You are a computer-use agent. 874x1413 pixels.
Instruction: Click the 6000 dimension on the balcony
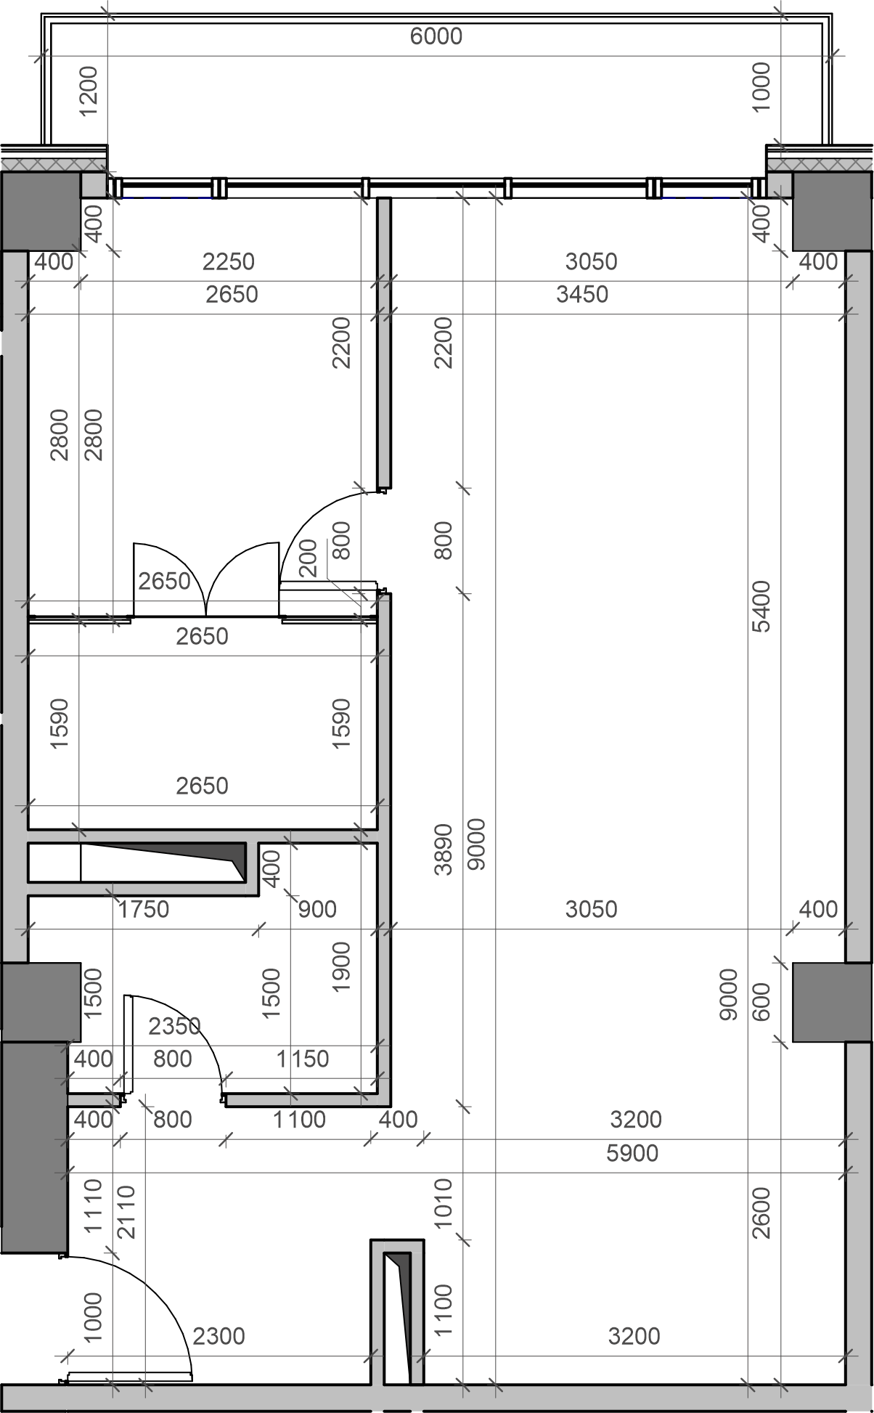(x=436, y=36)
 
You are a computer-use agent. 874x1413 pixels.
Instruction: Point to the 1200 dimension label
(x=88, y=91)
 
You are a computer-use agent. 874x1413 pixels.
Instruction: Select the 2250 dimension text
(x=229, y=261)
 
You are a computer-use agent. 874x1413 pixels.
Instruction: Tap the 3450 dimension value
(x=582, y=294)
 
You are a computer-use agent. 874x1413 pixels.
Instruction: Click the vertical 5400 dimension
(x=761, y=606)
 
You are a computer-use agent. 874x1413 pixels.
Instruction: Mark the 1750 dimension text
(x=144, y=909)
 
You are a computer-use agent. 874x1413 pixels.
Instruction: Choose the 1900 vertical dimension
(x=340, y=967)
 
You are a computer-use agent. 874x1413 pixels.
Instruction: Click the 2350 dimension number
(x=174, y=1026)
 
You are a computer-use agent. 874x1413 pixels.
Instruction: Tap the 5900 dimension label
(x=632, y=1153)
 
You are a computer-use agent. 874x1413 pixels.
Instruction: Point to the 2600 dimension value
(x=761, y=1213)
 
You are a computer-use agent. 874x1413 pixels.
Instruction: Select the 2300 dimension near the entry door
(x=218, y=1336)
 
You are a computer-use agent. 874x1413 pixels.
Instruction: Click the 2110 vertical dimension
(x=126, y=1212)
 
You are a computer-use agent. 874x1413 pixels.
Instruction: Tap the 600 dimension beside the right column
(x=761, y=1002)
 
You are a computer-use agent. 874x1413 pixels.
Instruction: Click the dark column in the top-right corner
(x=831, y=211)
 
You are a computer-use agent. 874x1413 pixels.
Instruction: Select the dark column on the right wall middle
(x=831, y=1002)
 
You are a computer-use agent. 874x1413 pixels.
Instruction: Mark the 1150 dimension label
(x=303, y=1059)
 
